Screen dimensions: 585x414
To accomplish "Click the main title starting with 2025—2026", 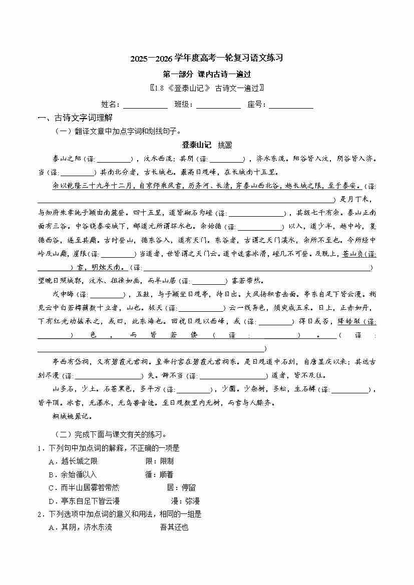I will coord(207,58).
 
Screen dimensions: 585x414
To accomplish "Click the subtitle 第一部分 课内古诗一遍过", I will coord(207,74).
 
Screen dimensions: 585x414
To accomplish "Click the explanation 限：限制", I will coord(159,461).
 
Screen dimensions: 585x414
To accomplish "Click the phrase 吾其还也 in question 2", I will coord(174,527).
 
